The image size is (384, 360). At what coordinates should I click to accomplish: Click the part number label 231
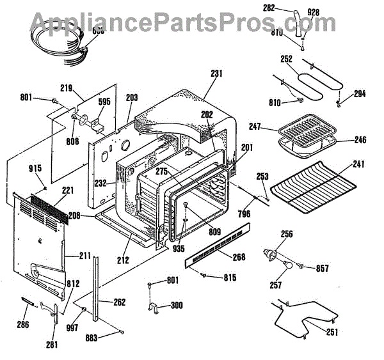(216, 74)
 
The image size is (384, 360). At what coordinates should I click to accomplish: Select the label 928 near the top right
(313, 13)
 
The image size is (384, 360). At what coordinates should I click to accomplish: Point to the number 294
(360, 93)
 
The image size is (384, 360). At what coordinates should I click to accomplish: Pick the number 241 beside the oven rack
(359, 164)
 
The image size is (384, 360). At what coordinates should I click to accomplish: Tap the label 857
(322, 269)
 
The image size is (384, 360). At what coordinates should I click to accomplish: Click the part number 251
(333, 333)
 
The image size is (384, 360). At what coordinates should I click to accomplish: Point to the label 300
(176, 306)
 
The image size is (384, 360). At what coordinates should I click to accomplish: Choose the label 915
(35, 168)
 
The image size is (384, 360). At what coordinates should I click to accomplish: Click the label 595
(104, 100)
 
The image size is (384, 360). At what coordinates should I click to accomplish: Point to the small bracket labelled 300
(155, 308)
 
